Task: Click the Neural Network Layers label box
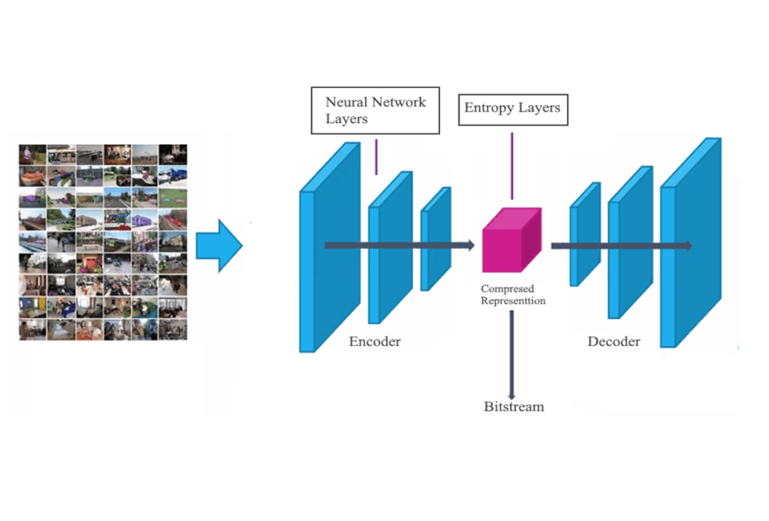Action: [x=375, y=110]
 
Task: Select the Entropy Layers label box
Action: [x=512, y=108]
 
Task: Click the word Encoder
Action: [x=375, y=342]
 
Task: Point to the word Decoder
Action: [x=614, y=342]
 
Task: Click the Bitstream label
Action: [x=514, y=407]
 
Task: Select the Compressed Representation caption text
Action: [x=513, y=294]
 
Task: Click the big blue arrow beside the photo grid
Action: [x=219, y=245]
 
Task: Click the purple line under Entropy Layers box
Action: [x=512, y=165]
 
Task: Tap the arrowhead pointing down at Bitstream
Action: [x=511, y=395]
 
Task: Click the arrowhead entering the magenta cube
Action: [x=470, y=245]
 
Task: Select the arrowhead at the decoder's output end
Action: [x=686, y=245]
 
